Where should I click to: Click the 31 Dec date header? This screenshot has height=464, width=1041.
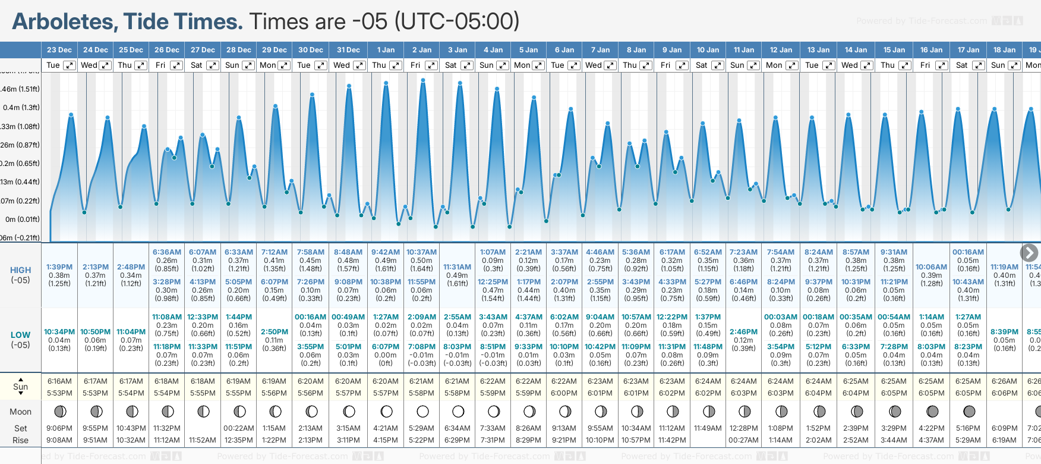[348, 50]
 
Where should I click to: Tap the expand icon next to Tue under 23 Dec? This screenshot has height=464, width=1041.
[70, 65]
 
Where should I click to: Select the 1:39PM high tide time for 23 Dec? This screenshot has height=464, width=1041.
[59, 267]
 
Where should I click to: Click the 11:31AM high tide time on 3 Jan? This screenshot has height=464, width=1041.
[457, 267]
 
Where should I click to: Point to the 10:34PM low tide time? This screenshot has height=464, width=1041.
[59, 332]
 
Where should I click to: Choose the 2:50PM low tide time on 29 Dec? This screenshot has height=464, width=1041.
[274, 332]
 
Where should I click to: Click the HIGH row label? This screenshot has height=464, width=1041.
[20, 270]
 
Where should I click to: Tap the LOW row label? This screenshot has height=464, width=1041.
[20, 335]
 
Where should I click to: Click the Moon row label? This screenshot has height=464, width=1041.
[20, 412]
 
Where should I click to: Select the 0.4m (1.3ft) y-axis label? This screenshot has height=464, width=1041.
[21, 108]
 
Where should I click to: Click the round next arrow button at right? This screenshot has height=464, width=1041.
[1029, 253]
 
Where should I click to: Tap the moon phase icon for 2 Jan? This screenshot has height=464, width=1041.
[422, 412]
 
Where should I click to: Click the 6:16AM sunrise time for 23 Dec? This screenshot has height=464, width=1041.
[59, 381]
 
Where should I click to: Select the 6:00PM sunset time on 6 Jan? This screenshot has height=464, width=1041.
[564, 393]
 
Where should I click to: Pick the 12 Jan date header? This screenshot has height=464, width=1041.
[781, 50]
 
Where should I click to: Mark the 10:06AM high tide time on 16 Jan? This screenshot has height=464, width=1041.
[931, 267]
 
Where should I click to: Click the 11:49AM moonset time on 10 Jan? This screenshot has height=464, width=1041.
[708, 428]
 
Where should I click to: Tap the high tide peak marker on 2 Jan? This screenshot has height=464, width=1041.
[423, 80]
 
